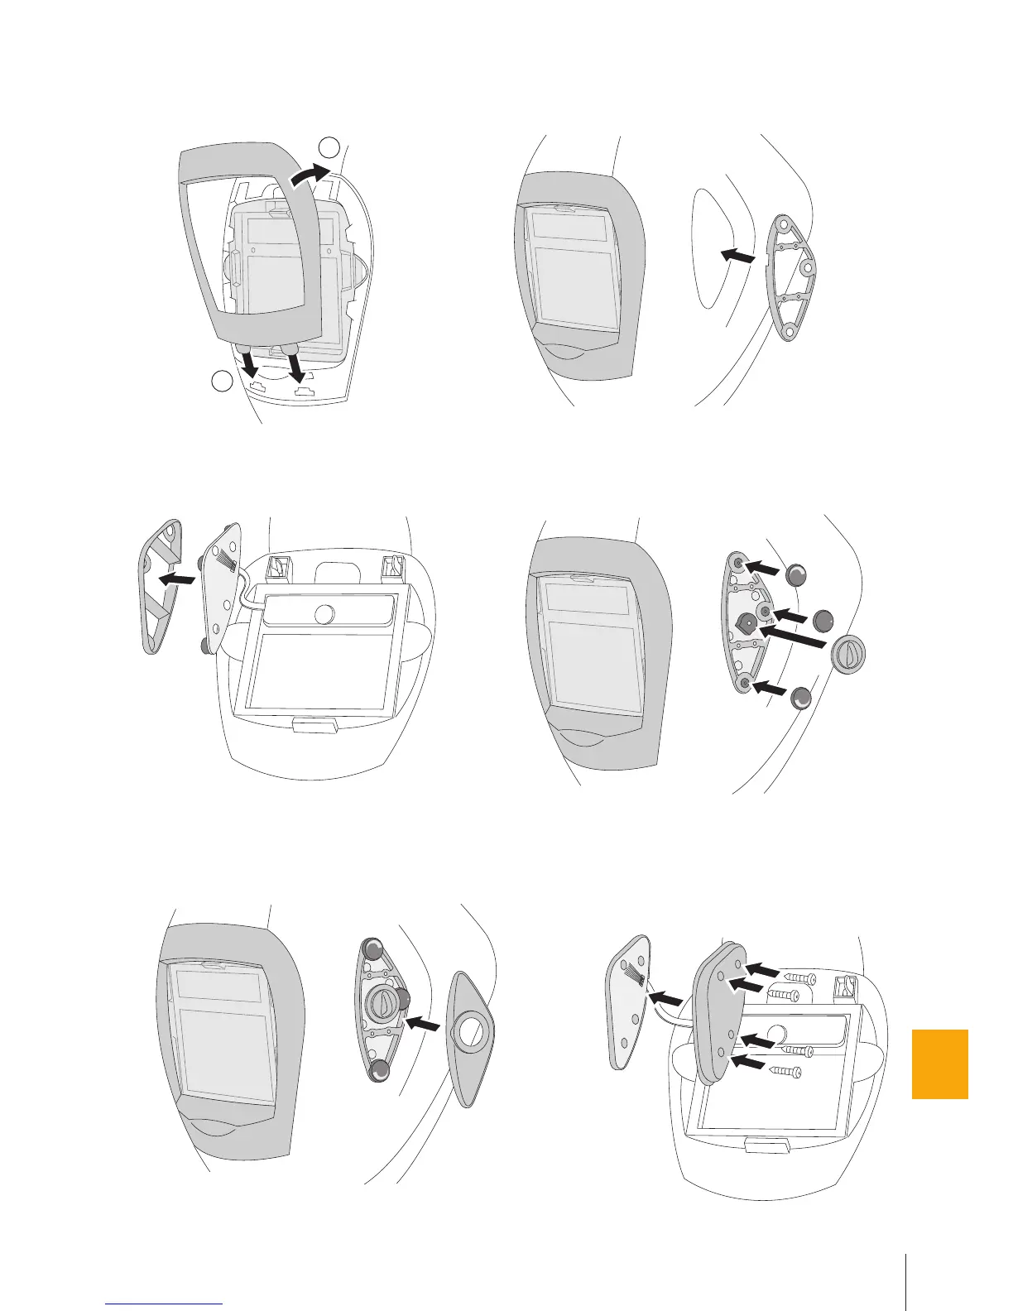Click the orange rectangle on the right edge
tap(939, 1064)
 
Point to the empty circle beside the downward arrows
tap(221, 382)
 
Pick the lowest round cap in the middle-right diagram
tap(800, 698)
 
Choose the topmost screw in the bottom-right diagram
tap(799, 978)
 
